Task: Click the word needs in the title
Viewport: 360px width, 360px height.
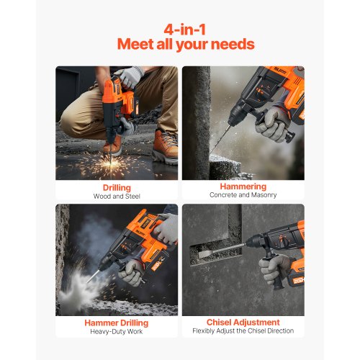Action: click(233, 45)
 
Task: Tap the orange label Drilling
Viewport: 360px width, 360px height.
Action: click(117, 186)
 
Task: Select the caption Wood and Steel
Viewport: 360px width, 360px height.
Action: click(117, 196)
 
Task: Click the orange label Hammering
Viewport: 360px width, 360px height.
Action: click(243, 186)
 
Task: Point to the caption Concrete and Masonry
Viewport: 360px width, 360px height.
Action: click(243, 196)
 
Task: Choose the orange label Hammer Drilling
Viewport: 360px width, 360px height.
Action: click(117, 323)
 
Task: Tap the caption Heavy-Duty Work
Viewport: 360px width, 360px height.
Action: click(117, 332)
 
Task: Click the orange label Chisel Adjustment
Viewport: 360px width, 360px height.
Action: click(243, 323)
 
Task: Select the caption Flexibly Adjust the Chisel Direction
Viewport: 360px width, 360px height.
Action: click(243, 332)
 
